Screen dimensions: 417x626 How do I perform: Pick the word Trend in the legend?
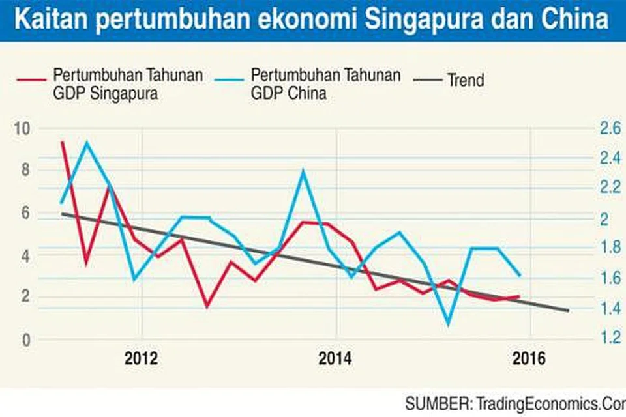[466, 80]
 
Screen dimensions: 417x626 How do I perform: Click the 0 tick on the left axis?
[25, 339]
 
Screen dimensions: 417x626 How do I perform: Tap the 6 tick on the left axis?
[25, 213]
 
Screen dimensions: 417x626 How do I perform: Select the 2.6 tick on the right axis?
[610, 128]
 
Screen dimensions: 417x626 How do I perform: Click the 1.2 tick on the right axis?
[610, 338]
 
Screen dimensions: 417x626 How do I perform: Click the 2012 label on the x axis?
[142, 360]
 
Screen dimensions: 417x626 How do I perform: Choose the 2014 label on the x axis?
[336, 360]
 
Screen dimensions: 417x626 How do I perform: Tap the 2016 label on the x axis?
[529, 360]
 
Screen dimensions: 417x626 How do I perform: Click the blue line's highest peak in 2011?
[87, 142]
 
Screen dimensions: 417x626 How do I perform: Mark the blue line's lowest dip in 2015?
[448, 324]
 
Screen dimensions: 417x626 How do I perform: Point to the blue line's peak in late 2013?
[303, 171]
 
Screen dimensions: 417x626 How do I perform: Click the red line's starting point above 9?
[63, 142]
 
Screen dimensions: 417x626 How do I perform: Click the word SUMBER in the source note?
[435, 404]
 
